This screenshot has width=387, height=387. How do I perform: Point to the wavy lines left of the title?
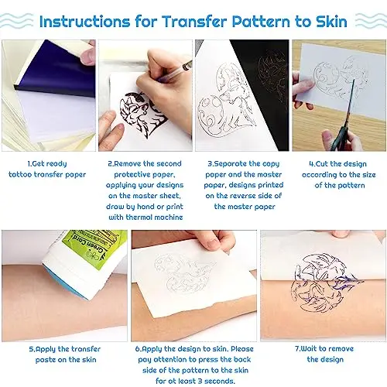coord(24,19)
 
